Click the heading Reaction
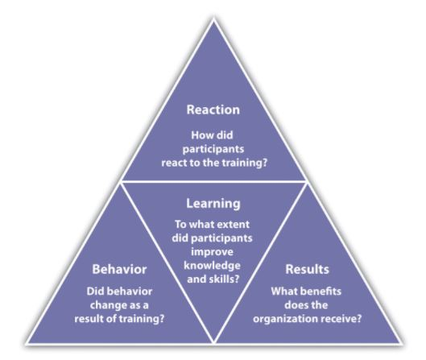[213, 110]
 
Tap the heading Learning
[213, 204]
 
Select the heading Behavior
[119, 269]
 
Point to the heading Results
[307, 269]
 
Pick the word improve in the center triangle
[212, 252]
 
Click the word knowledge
[212, 266]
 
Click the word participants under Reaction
[213, 150]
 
